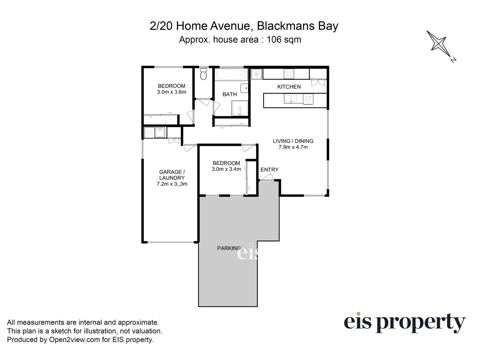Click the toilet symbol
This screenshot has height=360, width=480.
204,74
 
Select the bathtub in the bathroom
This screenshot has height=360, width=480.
231,75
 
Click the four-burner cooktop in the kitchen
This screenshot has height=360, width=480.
289,74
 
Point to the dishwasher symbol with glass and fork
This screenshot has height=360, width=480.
308,99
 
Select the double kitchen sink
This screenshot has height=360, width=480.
291,99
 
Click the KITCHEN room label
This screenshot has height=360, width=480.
289,87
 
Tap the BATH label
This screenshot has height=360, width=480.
230,94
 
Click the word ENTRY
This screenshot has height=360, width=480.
269,170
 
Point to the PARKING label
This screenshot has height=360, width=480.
229,248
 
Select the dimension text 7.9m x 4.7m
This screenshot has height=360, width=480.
293,147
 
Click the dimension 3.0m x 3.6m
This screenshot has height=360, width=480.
171,92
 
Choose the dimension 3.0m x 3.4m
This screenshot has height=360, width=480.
226,169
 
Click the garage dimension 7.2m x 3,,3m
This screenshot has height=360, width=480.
172,184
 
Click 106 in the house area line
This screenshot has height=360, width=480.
274,40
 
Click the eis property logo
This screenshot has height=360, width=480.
404,323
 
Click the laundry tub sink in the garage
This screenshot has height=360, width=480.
160,133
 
